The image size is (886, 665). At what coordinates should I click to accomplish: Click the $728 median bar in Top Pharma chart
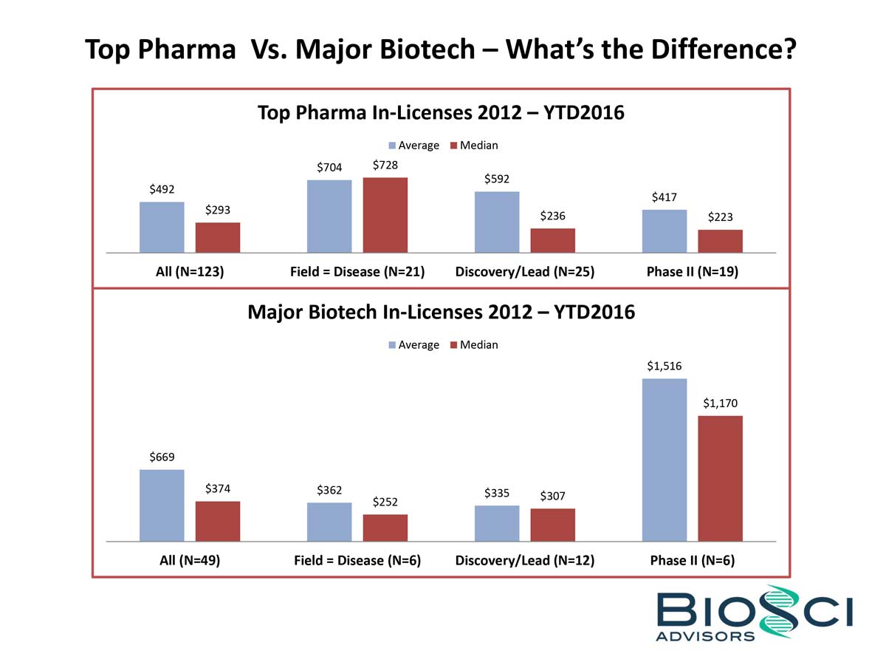pos(385,215)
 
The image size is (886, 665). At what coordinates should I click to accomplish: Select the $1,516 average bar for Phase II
pos(664,460)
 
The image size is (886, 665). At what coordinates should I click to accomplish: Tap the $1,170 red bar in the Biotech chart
pos(720,478)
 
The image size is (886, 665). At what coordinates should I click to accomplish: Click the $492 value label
pos(162,190)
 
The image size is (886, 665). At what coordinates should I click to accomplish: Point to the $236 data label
pos(552,216)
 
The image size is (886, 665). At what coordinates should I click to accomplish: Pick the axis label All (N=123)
pos(190,271)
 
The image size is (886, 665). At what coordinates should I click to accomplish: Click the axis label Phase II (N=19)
pos(692,271)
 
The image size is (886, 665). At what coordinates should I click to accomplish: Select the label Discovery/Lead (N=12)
pos(524,560)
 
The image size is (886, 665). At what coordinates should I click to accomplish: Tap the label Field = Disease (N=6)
pos(357,560)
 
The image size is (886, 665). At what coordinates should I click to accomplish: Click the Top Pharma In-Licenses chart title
pos(441,113)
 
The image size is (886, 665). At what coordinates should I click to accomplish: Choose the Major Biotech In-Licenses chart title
pos(441,312)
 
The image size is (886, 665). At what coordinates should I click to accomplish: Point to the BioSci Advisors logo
pos(754,613)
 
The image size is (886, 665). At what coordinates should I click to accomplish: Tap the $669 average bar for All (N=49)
pos(162,505)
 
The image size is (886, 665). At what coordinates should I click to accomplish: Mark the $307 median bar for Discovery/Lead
pos(552,525)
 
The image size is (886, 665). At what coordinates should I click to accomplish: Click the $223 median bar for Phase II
pos(720,241)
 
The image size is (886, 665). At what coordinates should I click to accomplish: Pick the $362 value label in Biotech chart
pos(329,490)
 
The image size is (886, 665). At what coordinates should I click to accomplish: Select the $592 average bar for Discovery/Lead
pos(496,222)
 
